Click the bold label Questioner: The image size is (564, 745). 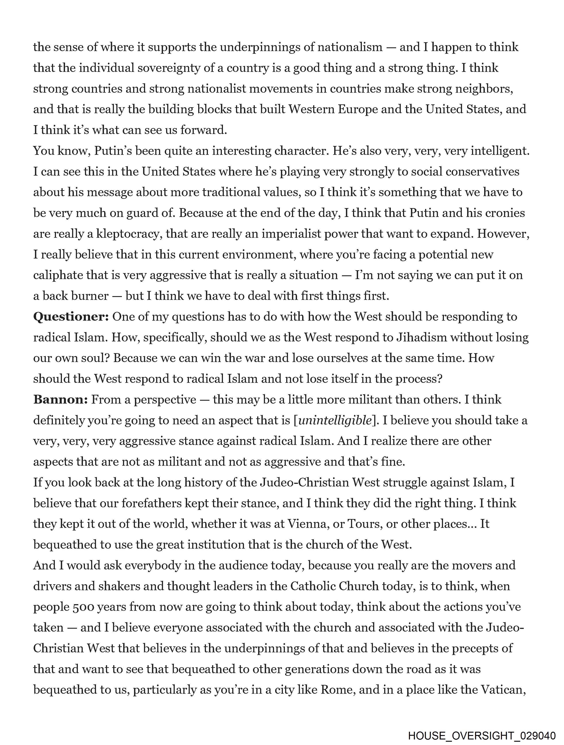pos(71,317)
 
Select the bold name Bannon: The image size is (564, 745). pos(60,400)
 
